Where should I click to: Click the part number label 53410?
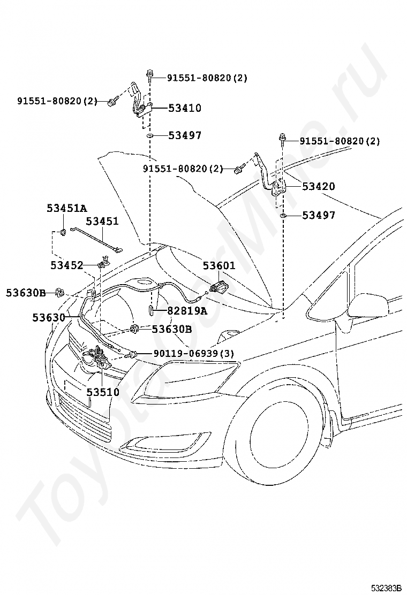point(185,108)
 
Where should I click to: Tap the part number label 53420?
point(319,186)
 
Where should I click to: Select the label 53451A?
point(67,208)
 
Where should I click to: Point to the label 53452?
point(67,265)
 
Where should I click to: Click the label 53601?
point(219,265)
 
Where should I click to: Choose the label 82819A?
point(187,311)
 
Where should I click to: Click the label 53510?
point(103,392)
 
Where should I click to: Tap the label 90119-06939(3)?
point(194,354)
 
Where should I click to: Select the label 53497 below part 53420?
point(319,215)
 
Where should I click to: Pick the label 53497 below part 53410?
point(185,135)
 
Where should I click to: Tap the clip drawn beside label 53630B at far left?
point(59,293)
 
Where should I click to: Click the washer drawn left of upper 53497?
point(150,135)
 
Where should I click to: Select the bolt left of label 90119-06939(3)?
point(130,355)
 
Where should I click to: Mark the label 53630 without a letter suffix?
point(49,317)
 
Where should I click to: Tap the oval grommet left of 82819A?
point(150,310)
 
